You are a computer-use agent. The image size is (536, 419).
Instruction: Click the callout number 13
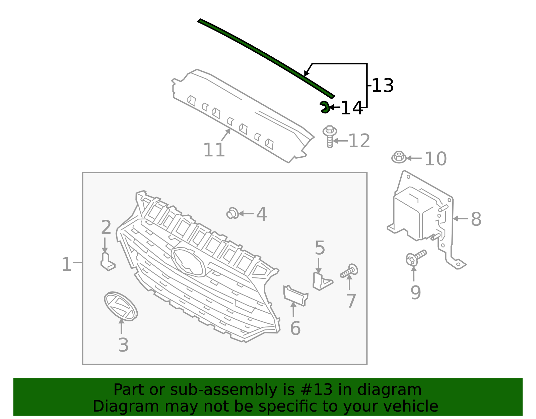point(383,86)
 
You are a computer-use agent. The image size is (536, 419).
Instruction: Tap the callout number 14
point(351,108)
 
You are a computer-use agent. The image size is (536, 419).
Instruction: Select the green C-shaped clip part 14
point(324,107)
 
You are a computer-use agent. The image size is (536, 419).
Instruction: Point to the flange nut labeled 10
point(399,157)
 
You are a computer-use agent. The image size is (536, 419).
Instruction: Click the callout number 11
point(214,150)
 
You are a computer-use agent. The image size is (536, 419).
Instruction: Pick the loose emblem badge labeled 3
point(121,306)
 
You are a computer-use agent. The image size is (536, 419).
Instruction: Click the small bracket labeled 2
point(107,262)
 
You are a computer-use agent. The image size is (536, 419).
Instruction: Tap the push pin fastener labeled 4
point(232,213)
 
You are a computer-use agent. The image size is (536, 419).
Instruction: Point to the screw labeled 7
point(349,271)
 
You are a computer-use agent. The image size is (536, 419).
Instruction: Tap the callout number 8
point(476,219)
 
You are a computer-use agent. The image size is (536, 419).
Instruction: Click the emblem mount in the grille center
point(188,262)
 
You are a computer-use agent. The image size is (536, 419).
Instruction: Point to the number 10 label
point(435,159)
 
